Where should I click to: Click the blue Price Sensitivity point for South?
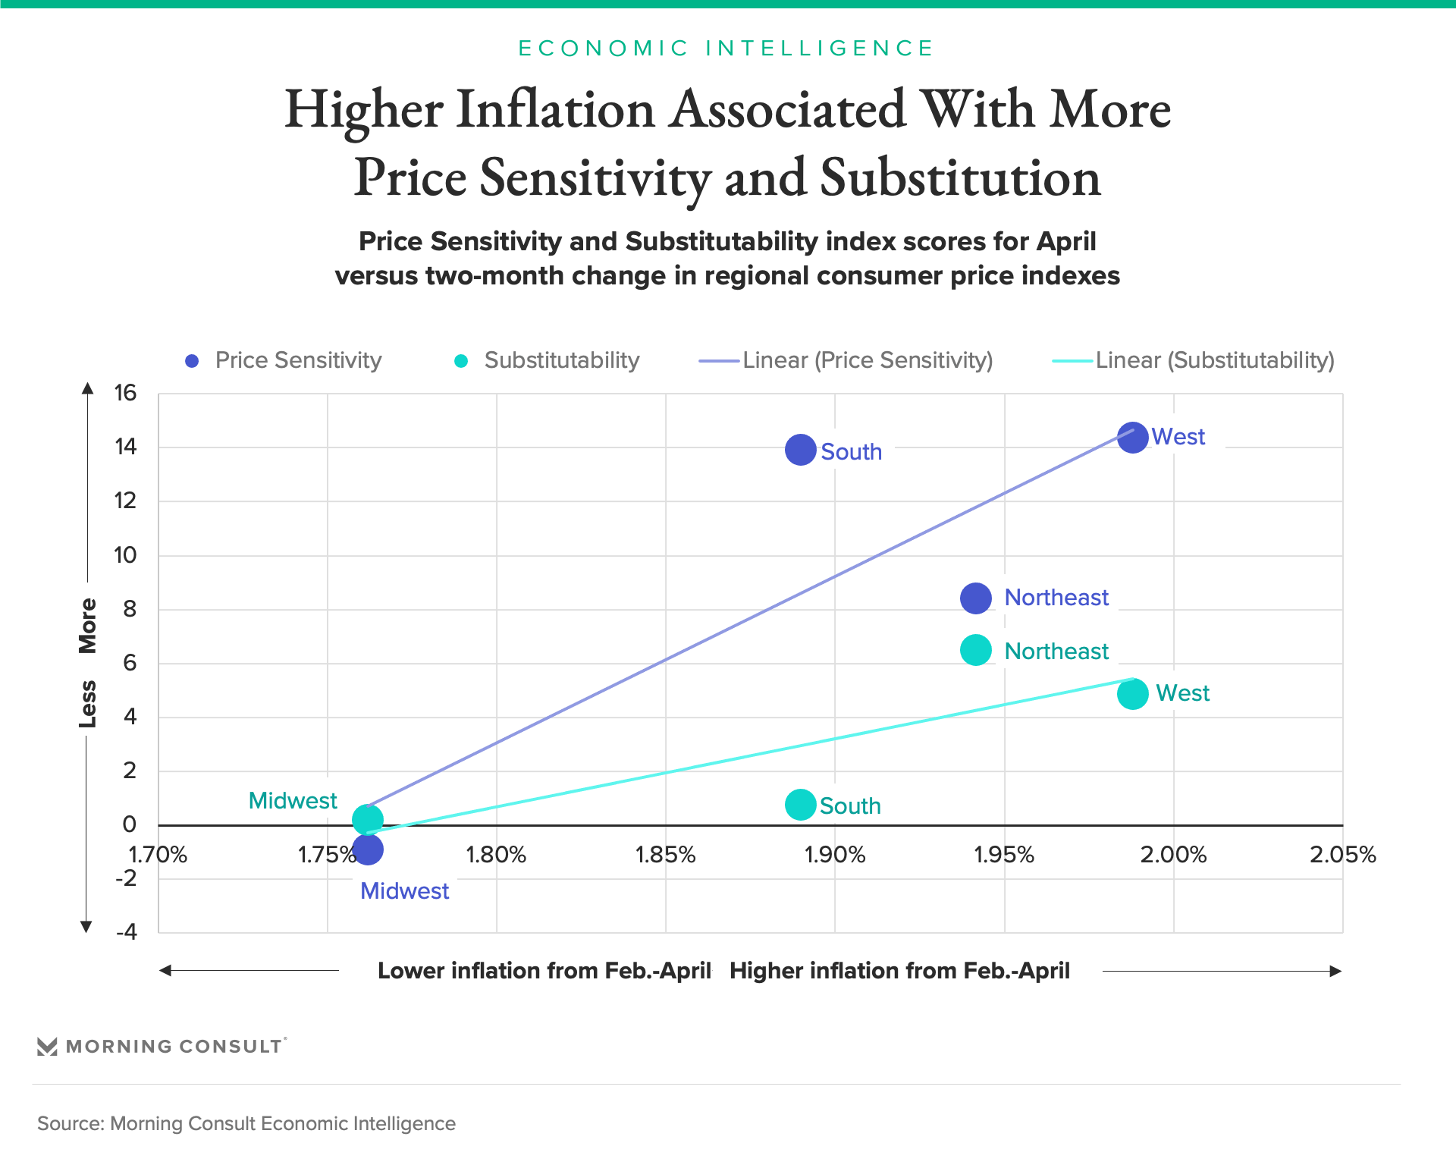pyautogui.click(x=800, y=450)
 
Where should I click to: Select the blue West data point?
pyautogui.click(x=1132, y=438)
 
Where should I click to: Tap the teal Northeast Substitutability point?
pyautogui.click(x=975, y=650)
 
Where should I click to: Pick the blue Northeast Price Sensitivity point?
pyautogui.click(x=975, y=598)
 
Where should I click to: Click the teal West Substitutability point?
pyautogui.click(x=1132, y=693)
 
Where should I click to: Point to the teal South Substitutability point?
pyautogui.click(x=800, y=804)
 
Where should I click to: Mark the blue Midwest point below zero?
pyautogui.click(x=368, y=849)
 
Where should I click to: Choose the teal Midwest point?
pyautogui.click(x=368, y=819)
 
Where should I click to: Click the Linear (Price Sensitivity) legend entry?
pyautogui.click(x=846, y=360)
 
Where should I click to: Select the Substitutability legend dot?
pyautogui.click(x=461, y=361)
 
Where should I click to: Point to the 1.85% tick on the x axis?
pyautogui.click(x=665, y=855)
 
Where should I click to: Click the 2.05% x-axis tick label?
pyautogui.click(x=1342, y=855)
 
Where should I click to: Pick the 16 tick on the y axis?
pyautogui.click(x=125, y=393)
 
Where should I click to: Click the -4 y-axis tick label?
pyautogui.click(x=127, y=931)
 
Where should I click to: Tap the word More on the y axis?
pyautogui.click(x=88, y=626)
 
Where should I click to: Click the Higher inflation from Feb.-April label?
pyautogui.click(x=899, y=971)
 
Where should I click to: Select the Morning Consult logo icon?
pyautogui.click(x=47, y=1047)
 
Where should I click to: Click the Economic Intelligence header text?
pyautogui.click(x=726, y=49)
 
